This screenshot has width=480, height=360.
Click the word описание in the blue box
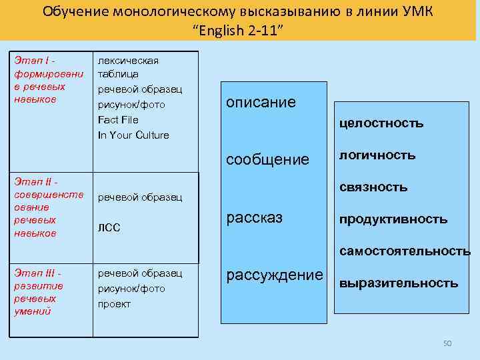point(261,102)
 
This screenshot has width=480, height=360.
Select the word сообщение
point(268,159)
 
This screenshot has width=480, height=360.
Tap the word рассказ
point(255,217)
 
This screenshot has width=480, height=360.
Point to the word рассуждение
point(275,275)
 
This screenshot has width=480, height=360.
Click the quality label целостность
point(381,123)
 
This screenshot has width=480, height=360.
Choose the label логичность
point(377,155)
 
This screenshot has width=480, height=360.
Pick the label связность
point(373,187)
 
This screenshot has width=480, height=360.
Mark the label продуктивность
point(393,219)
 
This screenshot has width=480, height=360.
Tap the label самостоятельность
point(405,251)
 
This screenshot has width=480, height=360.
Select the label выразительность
point(399,283)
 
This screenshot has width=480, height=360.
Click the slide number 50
point(447,343)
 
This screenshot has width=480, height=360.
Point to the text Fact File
point(118,120)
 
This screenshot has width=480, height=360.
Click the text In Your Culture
point(133,135)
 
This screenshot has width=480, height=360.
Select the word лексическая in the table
point(128,61)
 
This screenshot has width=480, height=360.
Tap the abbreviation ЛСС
point(109,228)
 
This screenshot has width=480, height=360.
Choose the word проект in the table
point(115,303)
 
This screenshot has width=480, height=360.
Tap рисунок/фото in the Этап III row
point(131,289)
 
